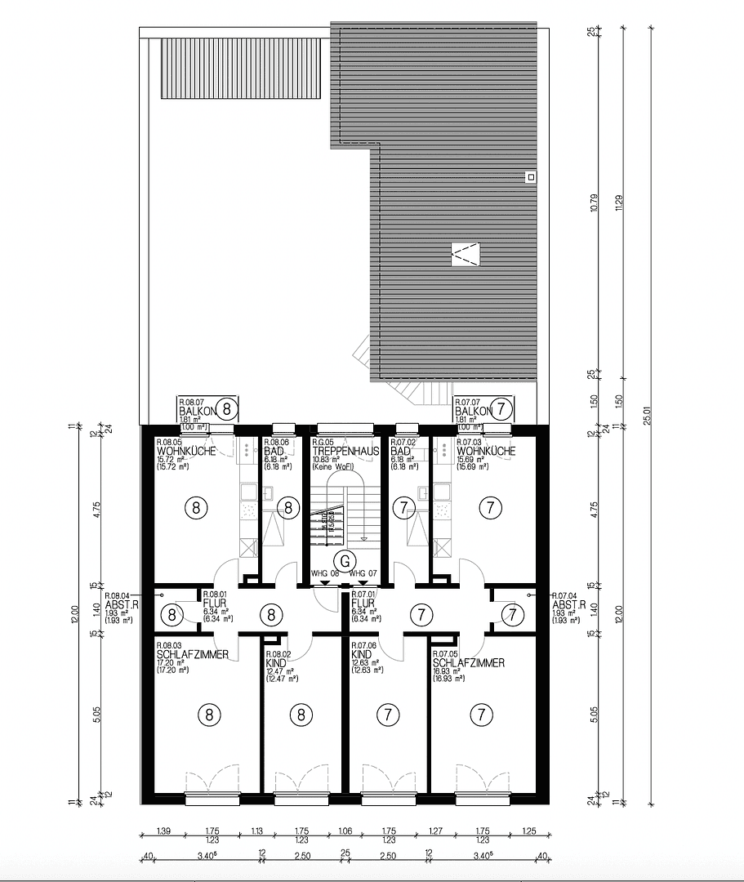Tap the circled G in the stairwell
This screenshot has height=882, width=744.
pos(345,561)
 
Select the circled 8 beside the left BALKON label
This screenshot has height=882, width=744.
pos(228,407)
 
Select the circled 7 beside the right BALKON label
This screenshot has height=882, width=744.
pos(503,407)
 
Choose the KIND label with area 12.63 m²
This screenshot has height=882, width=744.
pos(362,655)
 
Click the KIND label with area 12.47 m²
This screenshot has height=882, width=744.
pos(276,665)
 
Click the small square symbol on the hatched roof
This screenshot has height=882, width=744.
pos(530,176)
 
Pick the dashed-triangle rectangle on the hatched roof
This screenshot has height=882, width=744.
pos(466,254)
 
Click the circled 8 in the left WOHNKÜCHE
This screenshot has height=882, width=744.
pos(196,507)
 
